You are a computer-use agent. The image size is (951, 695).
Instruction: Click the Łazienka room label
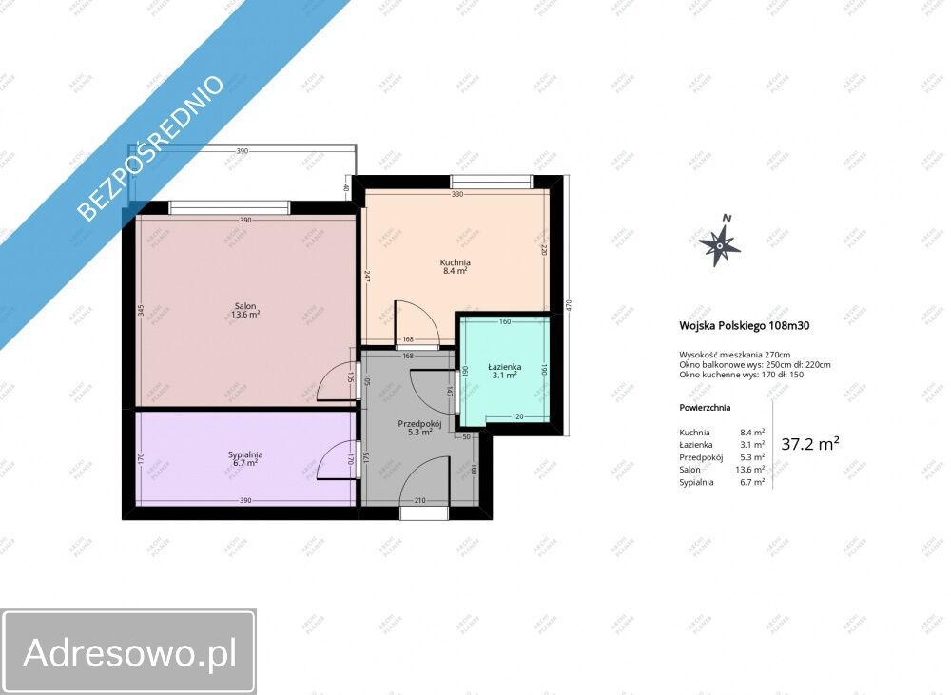pos(503,370)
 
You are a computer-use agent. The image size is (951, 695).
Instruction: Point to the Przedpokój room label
pos(414,427)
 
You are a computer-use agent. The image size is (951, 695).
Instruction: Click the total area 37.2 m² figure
pos(809,443)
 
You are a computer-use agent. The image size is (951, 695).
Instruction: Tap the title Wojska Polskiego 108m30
pos(745,324)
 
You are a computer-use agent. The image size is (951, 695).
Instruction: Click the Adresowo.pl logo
pos(128,652)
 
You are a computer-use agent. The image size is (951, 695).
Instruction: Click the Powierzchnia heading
pos(705,407)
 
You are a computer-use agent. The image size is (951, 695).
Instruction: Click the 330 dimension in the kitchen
pos(456,195)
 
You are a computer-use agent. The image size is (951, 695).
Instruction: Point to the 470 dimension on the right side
pos(568,305)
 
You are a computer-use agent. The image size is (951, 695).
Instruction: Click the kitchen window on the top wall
pos(492,182)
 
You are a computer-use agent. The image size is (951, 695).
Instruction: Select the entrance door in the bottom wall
pos(424,512)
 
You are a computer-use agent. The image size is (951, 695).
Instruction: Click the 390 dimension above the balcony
pos(243,150)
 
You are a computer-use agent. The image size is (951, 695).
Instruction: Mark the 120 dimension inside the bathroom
pos(519,417)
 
